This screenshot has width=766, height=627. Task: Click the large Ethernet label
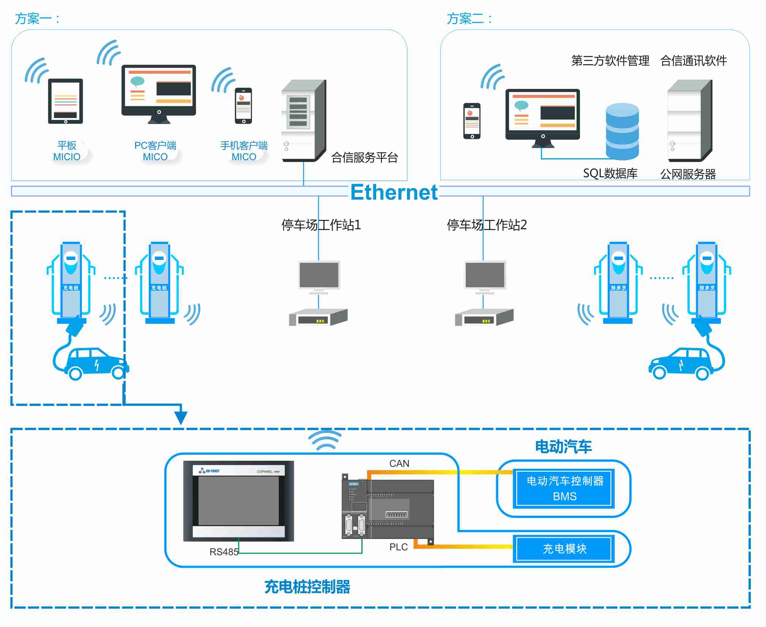[394, 192]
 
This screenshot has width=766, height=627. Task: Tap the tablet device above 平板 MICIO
[65, 101]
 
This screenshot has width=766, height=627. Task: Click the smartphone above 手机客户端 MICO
[243, 106]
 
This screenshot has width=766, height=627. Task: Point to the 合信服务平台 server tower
[303, 121]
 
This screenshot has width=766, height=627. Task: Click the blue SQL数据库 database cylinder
[622, 131]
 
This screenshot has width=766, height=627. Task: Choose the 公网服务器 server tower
[689, 121]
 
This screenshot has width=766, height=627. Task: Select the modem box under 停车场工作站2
[484, 317]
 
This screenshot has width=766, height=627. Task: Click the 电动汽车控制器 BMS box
[564, 488]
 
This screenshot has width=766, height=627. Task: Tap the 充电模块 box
[564, 548]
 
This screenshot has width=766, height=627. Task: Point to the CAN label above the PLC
[399, 463]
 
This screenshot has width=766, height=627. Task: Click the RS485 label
[224, 552]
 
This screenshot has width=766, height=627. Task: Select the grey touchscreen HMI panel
[238, 500]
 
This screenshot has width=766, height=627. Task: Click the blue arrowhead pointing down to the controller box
[181, 417]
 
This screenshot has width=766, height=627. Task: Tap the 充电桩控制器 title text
[307, 587]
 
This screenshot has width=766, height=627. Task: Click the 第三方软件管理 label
[610, 61]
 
